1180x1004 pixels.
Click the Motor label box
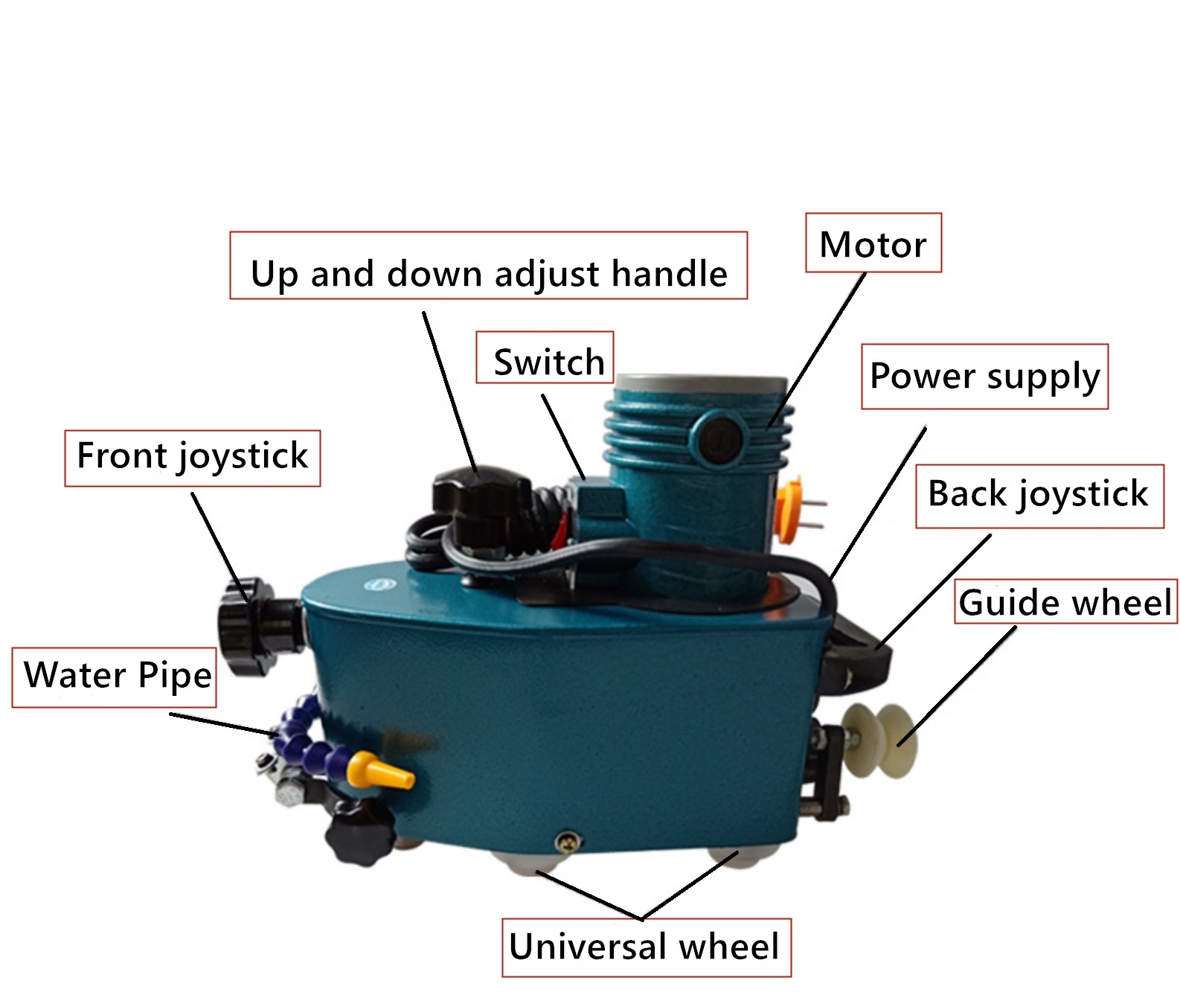click(x=873, y=243)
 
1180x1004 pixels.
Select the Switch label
click(x=545, y=359)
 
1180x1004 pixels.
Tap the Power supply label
click(x=984, y=377)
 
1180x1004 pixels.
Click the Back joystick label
click(x=1039, y=496)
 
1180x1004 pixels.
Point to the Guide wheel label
click(x=1065, y=602)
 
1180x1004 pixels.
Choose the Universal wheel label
click(x=645, y=947)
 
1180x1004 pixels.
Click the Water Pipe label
click(x=115, y=677)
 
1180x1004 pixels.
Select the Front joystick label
click(x=192, y=457)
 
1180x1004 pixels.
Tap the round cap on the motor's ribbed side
click(x=719, y=438)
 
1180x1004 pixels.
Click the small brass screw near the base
click(x=568, y=842)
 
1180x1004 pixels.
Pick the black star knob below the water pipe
click(x=361, y=833)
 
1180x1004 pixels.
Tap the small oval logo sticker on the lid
click(x=381, y=585)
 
